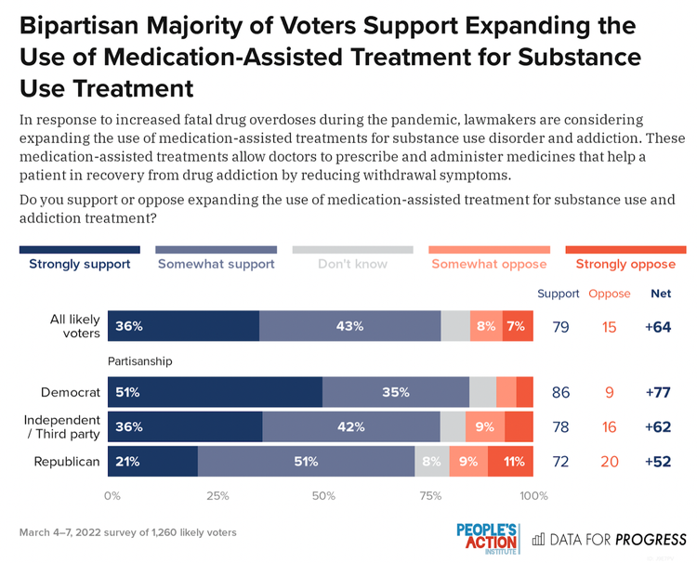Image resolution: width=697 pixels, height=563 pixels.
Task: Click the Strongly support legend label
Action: (79, 264)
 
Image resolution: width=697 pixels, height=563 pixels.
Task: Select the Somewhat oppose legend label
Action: (489, 264)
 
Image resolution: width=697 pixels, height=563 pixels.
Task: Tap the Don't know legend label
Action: (352, 264)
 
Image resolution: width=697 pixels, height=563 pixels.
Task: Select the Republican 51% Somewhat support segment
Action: (306, 461)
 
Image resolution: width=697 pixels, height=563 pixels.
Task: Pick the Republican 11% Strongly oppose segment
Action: (511, 461)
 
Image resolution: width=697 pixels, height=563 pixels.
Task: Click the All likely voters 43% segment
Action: (350, 326)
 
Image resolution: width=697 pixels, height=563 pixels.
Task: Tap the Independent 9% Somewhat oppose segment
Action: (485, 426)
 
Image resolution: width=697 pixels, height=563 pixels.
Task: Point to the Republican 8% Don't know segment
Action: (432, 461)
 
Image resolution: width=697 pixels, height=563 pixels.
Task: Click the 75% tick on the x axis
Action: (428, 496)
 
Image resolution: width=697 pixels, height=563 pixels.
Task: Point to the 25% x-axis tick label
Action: (217, 496)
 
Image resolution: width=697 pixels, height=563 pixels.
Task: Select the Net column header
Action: (661, 295)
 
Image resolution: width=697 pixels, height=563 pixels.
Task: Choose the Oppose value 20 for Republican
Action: (610, 462)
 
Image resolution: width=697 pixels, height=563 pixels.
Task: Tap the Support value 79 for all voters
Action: (560, 327)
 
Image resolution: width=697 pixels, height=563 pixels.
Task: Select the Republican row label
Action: (67, 461)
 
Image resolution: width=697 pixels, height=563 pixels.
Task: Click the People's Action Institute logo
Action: (487, 536)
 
